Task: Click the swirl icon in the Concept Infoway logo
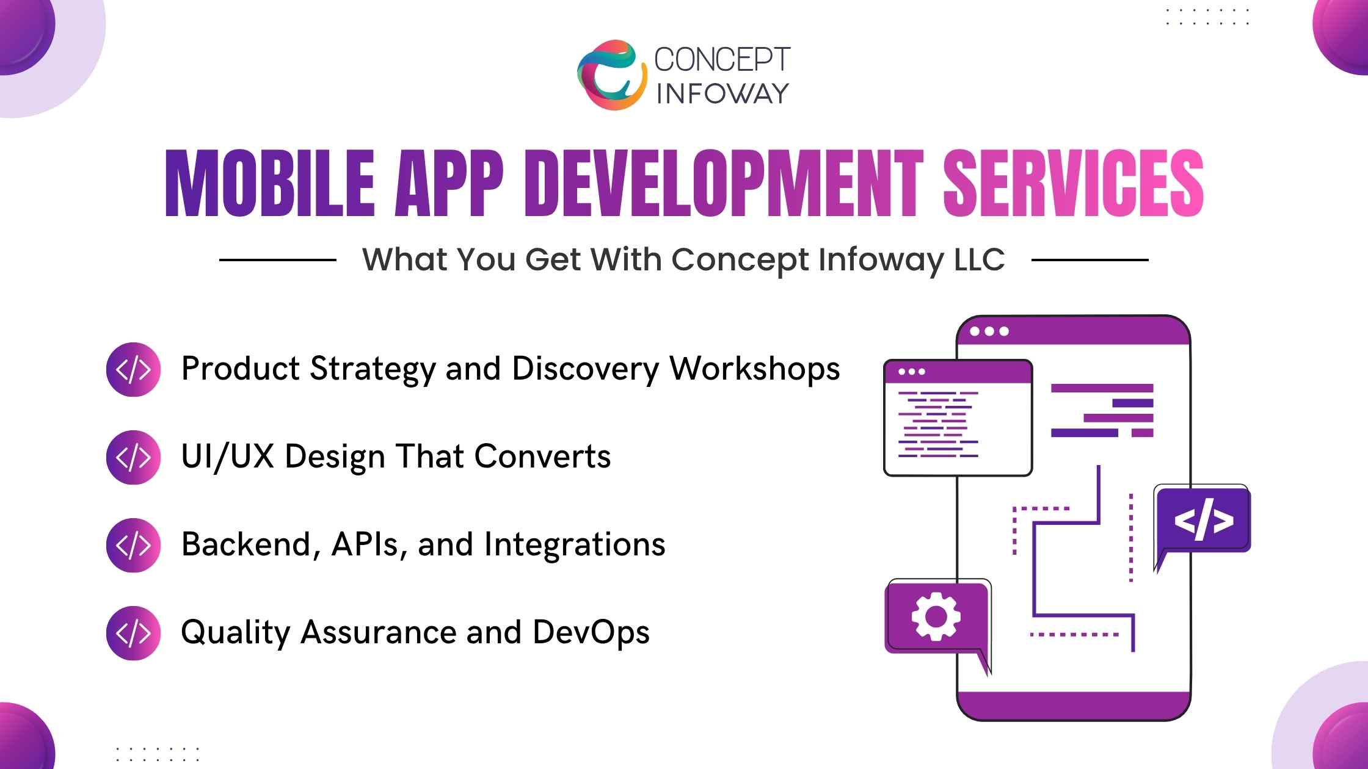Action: point(611,75)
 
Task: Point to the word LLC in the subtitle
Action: point(979,259)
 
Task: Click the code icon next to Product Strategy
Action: point(133,369)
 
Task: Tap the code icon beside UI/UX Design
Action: point(133,457)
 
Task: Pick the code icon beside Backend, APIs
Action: point(133,545)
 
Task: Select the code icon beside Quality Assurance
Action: point(133,633)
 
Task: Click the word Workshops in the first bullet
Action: point(755,369)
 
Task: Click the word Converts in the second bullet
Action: point(542,457)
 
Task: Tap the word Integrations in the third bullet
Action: point(574,544)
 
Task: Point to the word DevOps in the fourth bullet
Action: point(591,632)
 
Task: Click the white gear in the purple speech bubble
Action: point(936,616)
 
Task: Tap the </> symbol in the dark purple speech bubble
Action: point(1203,521)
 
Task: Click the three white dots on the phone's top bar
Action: point(989,331)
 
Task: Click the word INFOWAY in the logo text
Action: point(722,93)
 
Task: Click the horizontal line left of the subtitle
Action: point(277,260)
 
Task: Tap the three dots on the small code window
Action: point(912,372)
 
